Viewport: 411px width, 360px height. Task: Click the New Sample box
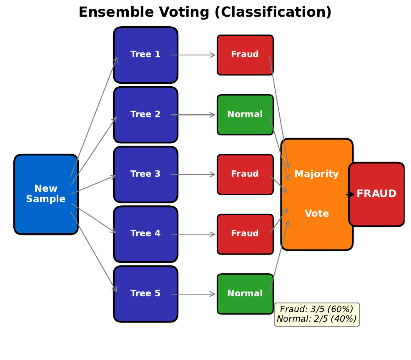pyautogui.click(x=46, y=194)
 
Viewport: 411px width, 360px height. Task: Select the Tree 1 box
pyautogui.click(x=145, y=55)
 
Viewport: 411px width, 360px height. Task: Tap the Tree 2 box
pyautogui.click(x=145, y=115)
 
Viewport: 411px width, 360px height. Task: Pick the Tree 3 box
pyautogui.click(x=145, y=174)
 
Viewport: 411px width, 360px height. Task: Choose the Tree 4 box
pyautogui.click(x=145, y=234)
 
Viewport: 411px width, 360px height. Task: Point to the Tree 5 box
pyautogui.click(x=145, y=294)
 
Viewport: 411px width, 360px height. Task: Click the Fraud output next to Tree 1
pyautogui.click(x=245, y=55)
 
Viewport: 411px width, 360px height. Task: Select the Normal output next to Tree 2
pyautogui.click(x=245, y=115)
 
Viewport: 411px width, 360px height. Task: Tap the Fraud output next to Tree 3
pyautogui.click(x=245, y=174)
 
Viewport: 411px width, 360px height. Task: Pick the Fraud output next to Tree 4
pyautogui.click(x=245, y=234)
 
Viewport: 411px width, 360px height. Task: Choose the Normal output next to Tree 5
pyautogui.click(x=245, y=294)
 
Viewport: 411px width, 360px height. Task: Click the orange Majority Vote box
pyautogui.click(x=317, y=194)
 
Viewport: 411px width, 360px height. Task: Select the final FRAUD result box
pyautogui.click(x=377, y=194)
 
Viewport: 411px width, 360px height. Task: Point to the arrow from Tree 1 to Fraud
pyautogui.click(x=193, y=55)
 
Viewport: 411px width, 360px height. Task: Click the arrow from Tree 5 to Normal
pyautogui.click(x=193, y=294)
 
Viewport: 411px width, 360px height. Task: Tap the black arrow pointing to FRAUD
pyautogui.click(x=350, y=194)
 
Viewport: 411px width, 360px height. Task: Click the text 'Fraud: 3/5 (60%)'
pyautogui.click(x=317, y=309)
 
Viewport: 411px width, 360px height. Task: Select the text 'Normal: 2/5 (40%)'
pyautogui.click(x=317, y=319)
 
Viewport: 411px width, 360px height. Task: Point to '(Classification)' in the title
pyautogui.click(x=273, y=12)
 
